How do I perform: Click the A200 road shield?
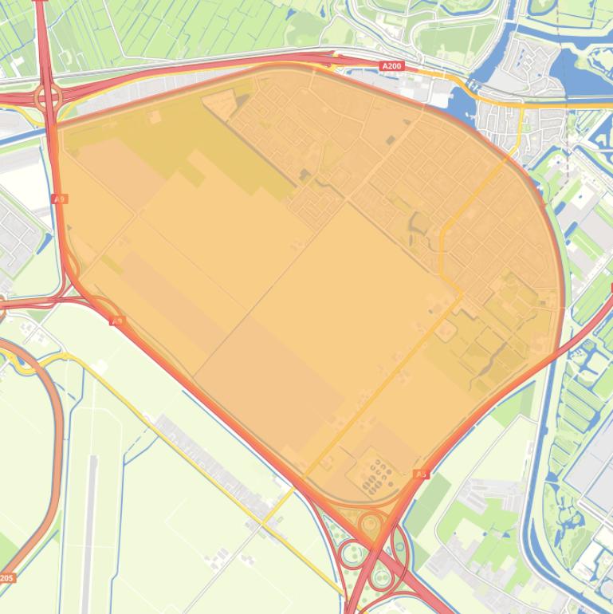point(391,66)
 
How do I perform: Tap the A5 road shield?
point(421,474)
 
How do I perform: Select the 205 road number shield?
point(6,577)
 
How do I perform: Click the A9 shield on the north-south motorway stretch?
point(59,199)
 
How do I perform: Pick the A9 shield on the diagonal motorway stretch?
point(117,321)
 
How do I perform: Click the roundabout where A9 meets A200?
point(48,98)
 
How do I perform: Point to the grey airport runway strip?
point(90,510)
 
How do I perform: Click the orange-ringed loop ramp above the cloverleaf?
point(370,524)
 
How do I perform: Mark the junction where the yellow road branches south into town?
point(522,106)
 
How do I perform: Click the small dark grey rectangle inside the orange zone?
point(390,140)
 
